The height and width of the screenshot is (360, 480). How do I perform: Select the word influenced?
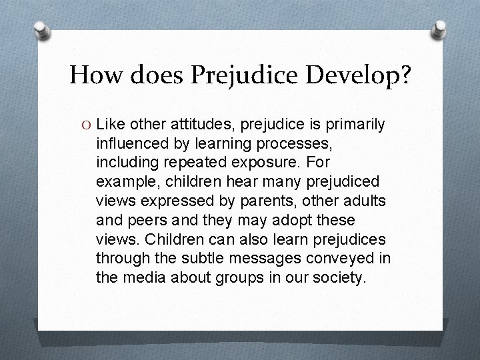(131, 143)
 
